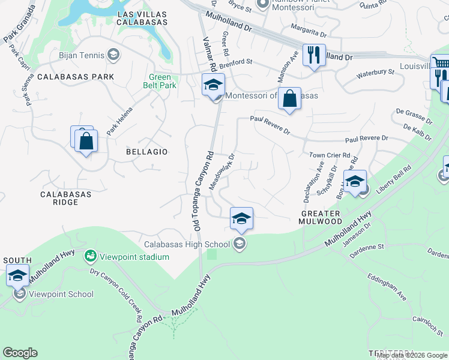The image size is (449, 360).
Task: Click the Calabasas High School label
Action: pos(187,244)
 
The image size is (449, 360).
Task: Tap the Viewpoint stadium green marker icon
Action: pos(91,256)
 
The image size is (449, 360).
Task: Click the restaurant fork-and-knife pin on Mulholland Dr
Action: pos(314,56)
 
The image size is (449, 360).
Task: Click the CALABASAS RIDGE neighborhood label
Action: pos(65,198)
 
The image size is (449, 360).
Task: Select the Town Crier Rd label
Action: pos(330,155)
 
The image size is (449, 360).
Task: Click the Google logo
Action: pos(20,353)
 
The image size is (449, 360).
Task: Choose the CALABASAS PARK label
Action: pos(71,77)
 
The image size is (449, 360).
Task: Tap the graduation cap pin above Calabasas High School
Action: pos(241,218)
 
